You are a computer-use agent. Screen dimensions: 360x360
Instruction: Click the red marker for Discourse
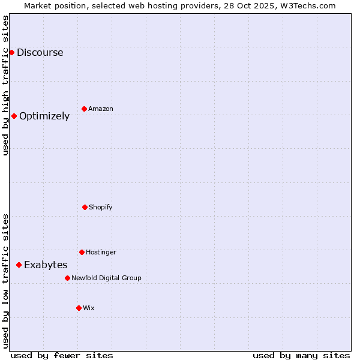(x=11, y=52)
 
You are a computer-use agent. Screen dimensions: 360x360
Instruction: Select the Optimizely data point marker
(x=14, y=116)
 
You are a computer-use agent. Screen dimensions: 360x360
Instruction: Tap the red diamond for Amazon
(x=84, y=109)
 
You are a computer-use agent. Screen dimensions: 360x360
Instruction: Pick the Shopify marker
(x=85, y=207)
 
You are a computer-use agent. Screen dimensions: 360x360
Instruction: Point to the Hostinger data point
(x=82, y=252)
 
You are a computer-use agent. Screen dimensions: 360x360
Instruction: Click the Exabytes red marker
(x=19, y=265)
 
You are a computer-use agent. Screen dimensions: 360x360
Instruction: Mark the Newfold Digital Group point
(x=67, y=278)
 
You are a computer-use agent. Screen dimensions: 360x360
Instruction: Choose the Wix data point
(x=79, y=308)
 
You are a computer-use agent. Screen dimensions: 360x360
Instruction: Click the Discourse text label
(x=40, y=52)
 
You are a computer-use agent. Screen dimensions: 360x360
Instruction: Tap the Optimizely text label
(x=44, y=116)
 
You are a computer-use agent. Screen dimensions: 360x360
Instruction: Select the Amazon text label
(x=101, y=109)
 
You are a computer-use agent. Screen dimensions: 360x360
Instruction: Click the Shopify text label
(x=101, y=207)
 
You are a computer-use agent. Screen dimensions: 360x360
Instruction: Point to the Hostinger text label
(x=101, y=252)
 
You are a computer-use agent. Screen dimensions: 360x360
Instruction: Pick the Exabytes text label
(x=46, y=265)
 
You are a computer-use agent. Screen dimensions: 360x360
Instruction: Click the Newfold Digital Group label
(x=106, y=278)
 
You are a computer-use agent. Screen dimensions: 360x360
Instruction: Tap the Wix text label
(x=89, y=308)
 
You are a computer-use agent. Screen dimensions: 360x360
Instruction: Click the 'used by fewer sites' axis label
(x=62, y=355)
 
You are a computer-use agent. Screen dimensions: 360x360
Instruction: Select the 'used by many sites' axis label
(x=301, y=355)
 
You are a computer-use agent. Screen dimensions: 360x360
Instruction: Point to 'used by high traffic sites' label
(x=5, y=85)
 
